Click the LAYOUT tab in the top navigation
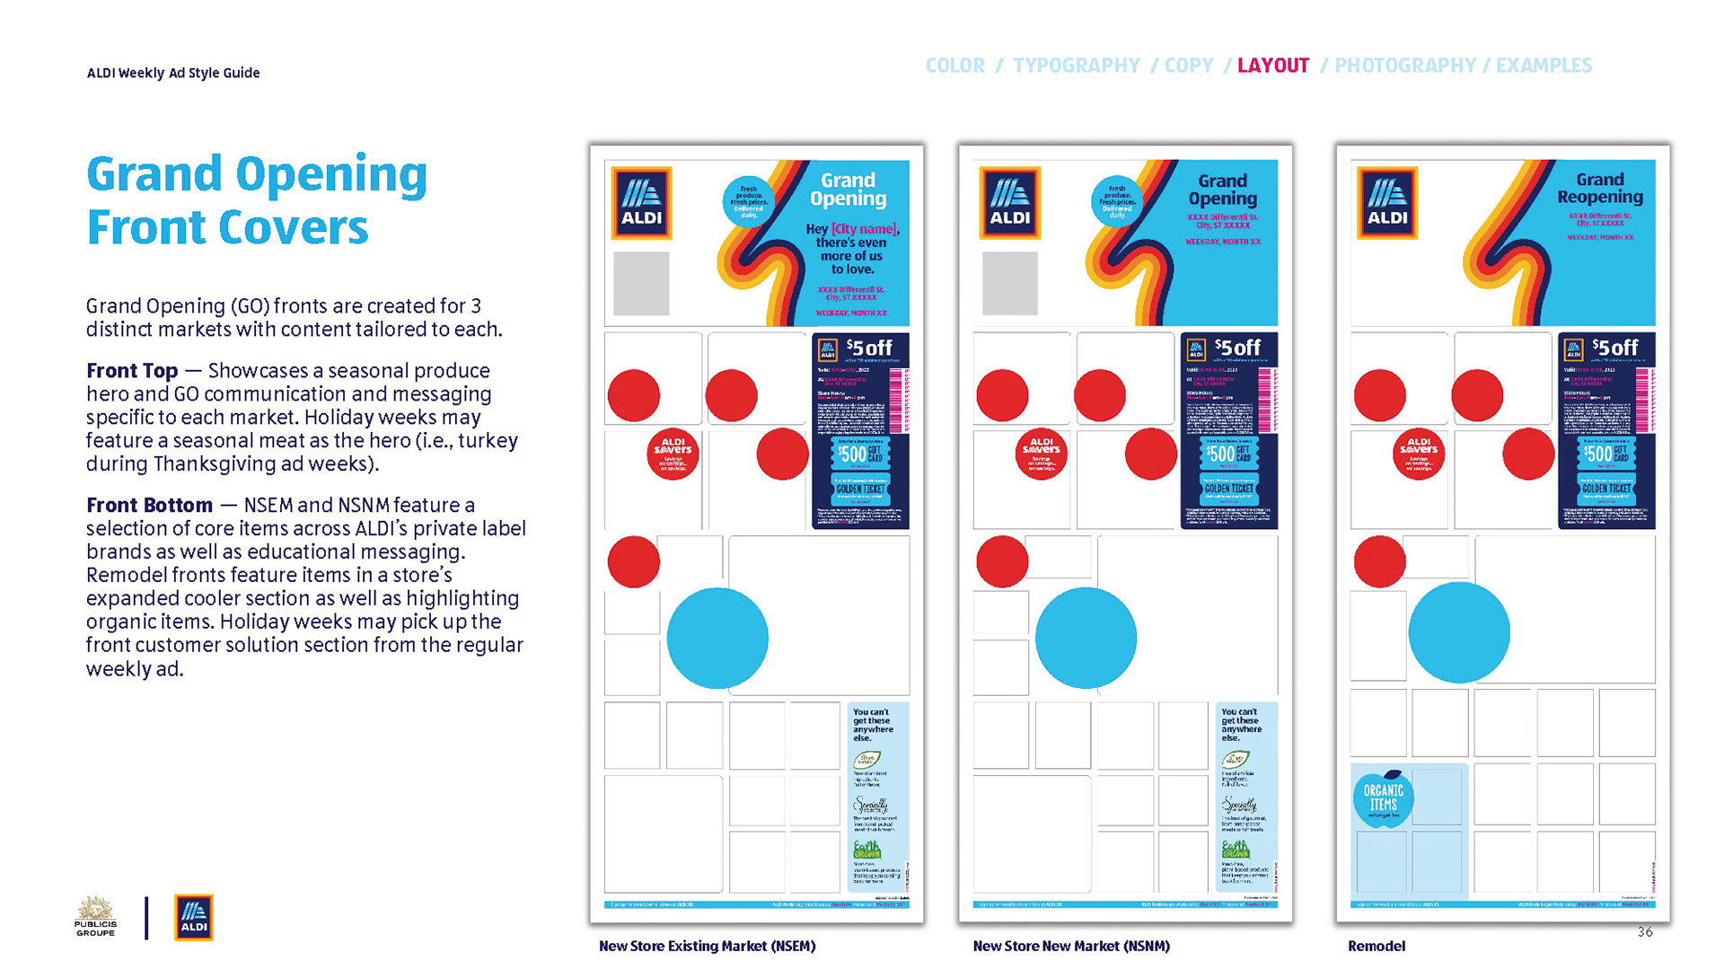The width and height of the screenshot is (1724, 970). click(x=1272, y=66)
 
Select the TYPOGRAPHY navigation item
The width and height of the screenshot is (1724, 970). click(x=1076, y=66)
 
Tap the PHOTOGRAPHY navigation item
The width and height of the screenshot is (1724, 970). click(x=1404, y=66)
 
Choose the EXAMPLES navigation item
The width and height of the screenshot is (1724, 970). click(x=1544, y=66)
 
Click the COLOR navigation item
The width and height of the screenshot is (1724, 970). click(x=954, y=66)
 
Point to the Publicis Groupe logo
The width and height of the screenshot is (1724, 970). click(x=95, y=917)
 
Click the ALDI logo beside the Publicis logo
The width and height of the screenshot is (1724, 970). click(x=194, y=917)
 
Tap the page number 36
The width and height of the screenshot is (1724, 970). click(x=1645, y=932)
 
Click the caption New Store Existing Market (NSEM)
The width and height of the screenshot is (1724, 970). click(x=707, y=946)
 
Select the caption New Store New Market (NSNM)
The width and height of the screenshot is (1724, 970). click(x=1071, y=946)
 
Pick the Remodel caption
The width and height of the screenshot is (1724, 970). click(x=1377, y=946)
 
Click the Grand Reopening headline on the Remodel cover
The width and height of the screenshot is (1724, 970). click(x=1599, y=189)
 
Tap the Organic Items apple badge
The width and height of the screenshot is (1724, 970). click(x=1383, y=798)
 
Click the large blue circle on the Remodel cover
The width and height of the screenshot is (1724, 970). click(x=1458, y=633)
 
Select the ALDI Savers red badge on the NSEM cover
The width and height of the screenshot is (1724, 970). click(x=673, y=454)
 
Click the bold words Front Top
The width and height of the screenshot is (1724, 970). click(x=132, y=371)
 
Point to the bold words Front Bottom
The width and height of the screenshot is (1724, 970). click(x=149, y=506)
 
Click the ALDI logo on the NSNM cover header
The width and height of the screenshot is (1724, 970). click(x=1010, y=203)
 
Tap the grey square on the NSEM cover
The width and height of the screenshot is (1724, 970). click(x=641, y=283)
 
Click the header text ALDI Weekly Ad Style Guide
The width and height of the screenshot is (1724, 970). click(x=173, y=73)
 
